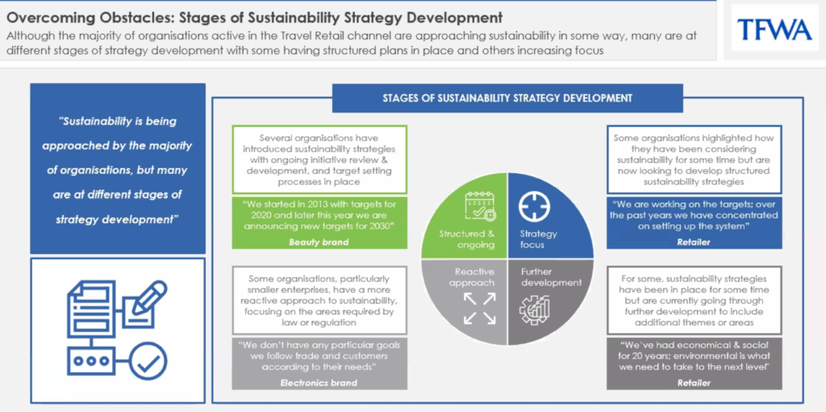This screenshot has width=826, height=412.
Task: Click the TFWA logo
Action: coord(774,29)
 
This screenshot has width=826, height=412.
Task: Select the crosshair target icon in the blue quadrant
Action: coord(534,206)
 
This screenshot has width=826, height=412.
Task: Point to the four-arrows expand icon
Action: coord(479,309)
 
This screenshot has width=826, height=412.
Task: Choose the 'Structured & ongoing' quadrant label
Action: coord(467,239)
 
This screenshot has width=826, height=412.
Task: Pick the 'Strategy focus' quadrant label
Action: coord(538,239)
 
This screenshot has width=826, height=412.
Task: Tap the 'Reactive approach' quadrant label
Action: coord(474,277)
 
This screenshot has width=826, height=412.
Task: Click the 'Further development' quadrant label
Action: coord(551,277)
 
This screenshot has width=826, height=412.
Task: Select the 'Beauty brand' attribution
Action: coord(319,242)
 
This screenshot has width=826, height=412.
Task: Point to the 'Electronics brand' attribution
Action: coord(319,383)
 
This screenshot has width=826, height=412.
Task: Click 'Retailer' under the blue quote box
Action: coord(695,243)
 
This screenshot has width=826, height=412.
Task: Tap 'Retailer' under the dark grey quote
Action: coord(695,383)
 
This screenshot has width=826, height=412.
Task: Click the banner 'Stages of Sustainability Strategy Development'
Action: coord(507,98)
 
